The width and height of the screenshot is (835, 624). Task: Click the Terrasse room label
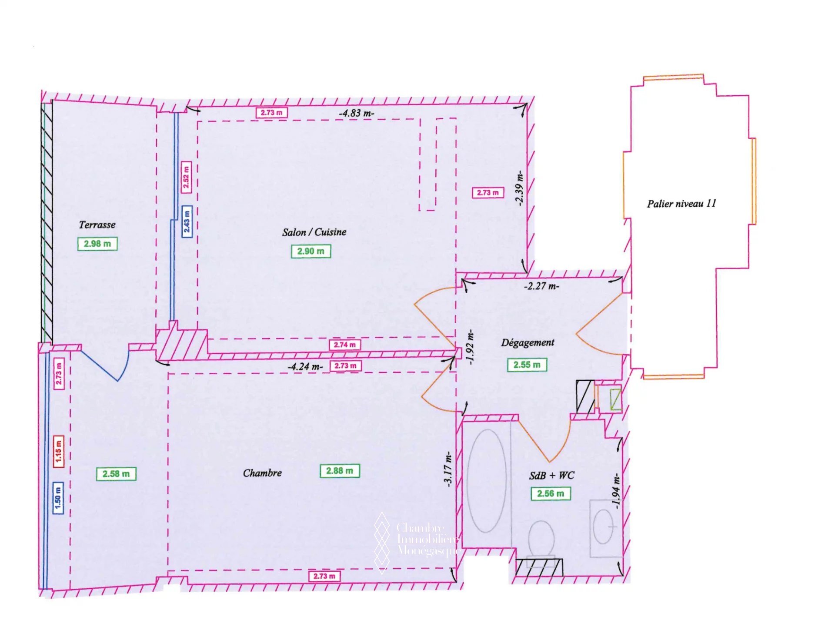coord(97,225)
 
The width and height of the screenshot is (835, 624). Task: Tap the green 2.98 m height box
coord(97,244)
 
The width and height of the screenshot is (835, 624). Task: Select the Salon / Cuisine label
coord(314,232)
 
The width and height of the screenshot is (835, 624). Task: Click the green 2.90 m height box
coord(311,251)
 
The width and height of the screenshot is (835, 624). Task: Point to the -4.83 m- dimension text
coord(357,113)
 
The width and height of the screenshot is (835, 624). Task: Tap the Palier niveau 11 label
coord(681,204)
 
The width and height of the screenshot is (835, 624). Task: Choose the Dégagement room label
coord(528,342)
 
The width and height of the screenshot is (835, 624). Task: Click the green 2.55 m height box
coord(527,365)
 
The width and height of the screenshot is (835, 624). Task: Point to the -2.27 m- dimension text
coord(541,286)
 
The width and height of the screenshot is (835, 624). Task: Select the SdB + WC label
coord(551,475)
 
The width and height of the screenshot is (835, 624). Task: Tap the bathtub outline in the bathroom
coord(487,481)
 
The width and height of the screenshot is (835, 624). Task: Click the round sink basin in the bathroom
coord(603,527)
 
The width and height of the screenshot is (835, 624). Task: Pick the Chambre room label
coord(262,473)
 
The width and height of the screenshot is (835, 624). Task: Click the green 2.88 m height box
coord(340,471)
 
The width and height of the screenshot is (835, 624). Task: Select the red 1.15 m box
coord(58,452)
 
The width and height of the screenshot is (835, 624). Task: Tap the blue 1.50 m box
coord(58,498)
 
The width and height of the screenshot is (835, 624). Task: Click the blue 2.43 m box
coord(187,221)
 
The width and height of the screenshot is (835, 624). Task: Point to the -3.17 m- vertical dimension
coord(448,469)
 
